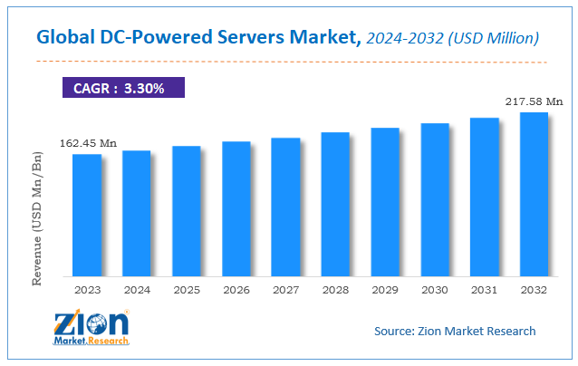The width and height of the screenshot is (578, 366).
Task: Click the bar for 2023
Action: [x=87, y=216]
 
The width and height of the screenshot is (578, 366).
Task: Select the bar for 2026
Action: [x=236, y=209]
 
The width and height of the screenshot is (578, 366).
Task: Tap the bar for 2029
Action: [x=385, y=202]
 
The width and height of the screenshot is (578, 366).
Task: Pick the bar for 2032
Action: [x=534, y=194]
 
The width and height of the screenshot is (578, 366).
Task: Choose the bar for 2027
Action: [x=285, y=207]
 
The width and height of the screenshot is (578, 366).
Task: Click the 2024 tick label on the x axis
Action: [x=136, y=290]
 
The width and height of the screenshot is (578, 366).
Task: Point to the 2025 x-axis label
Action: [x=186, y=290]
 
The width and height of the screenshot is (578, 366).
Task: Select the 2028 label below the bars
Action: [x=335, y=290]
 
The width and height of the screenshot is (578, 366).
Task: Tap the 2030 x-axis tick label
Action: [x=435, y=290]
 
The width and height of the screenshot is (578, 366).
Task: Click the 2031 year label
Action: [x=485, y=290]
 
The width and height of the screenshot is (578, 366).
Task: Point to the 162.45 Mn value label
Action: [x=88, y=143]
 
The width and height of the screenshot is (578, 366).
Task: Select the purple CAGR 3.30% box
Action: [x=123, y=88]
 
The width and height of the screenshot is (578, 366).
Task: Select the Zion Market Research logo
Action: [x=91, y=327]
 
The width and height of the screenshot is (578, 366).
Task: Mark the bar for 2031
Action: [x=485, y=197]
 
